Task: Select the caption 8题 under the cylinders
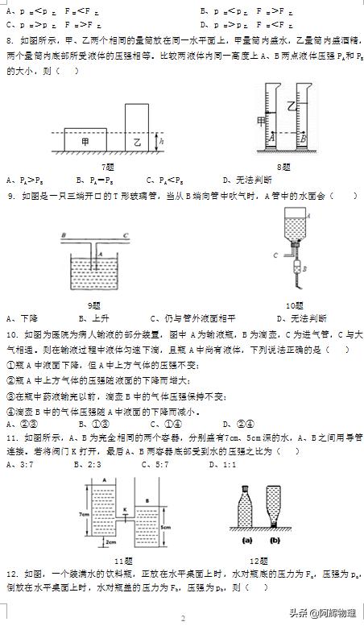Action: (x=283, y=166)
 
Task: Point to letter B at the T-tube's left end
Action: (x=63, y=235)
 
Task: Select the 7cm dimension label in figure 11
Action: (x=83, y=513)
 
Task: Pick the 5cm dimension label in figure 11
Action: (x=163, y=528)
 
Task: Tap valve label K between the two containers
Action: (x=126, y=509)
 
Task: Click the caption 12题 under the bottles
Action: (x=258, y=561)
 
